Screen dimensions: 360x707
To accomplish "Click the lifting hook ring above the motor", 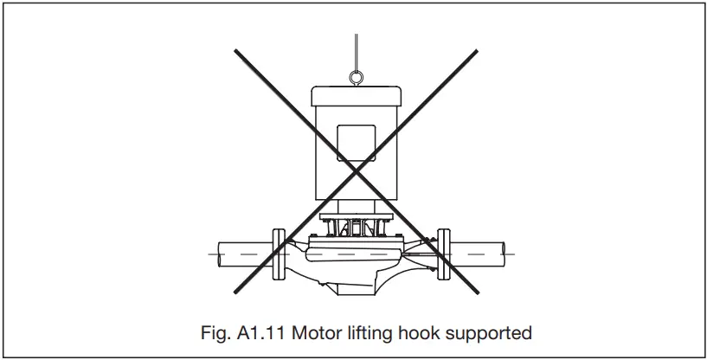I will [x=355, y=79].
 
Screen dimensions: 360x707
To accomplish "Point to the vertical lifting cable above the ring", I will [x=355, y=52].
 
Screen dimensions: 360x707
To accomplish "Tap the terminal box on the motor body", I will [x=355, y=144].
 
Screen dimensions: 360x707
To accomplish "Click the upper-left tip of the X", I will [x=235, y=50].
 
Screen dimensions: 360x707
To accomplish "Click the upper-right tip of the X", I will [x=477, y=50].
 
